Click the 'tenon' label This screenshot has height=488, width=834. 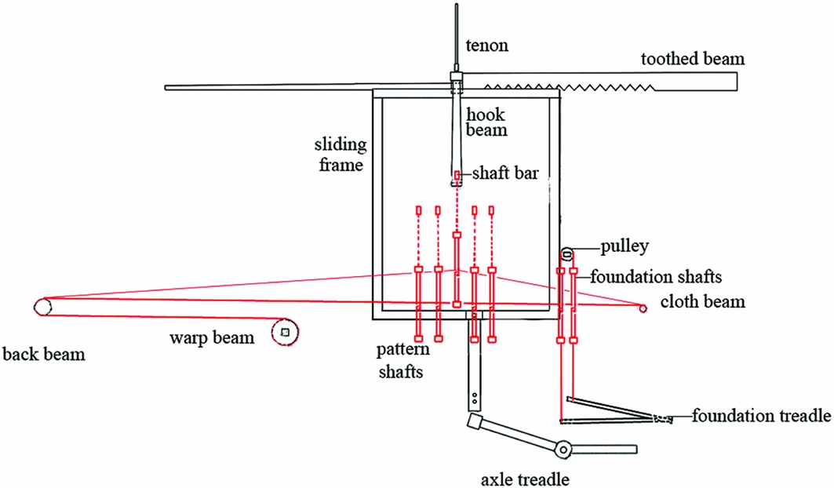tap(486, 46)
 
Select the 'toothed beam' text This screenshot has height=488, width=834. tap(693, 60)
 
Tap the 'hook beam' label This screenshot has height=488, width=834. tap(486, 122)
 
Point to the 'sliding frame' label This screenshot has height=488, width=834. tap(341, 155)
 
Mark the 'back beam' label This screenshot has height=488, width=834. tap(44, 355)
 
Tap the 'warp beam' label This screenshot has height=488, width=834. tap(212, 338)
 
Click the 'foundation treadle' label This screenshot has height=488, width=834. tap(760, 415)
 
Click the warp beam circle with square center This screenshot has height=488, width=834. tap(284, 333)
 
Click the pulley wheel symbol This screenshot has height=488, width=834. tap(567, 253)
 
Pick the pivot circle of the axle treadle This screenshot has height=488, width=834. tap(563, 449)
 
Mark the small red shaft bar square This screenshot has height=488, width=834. tap(456, 174)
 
